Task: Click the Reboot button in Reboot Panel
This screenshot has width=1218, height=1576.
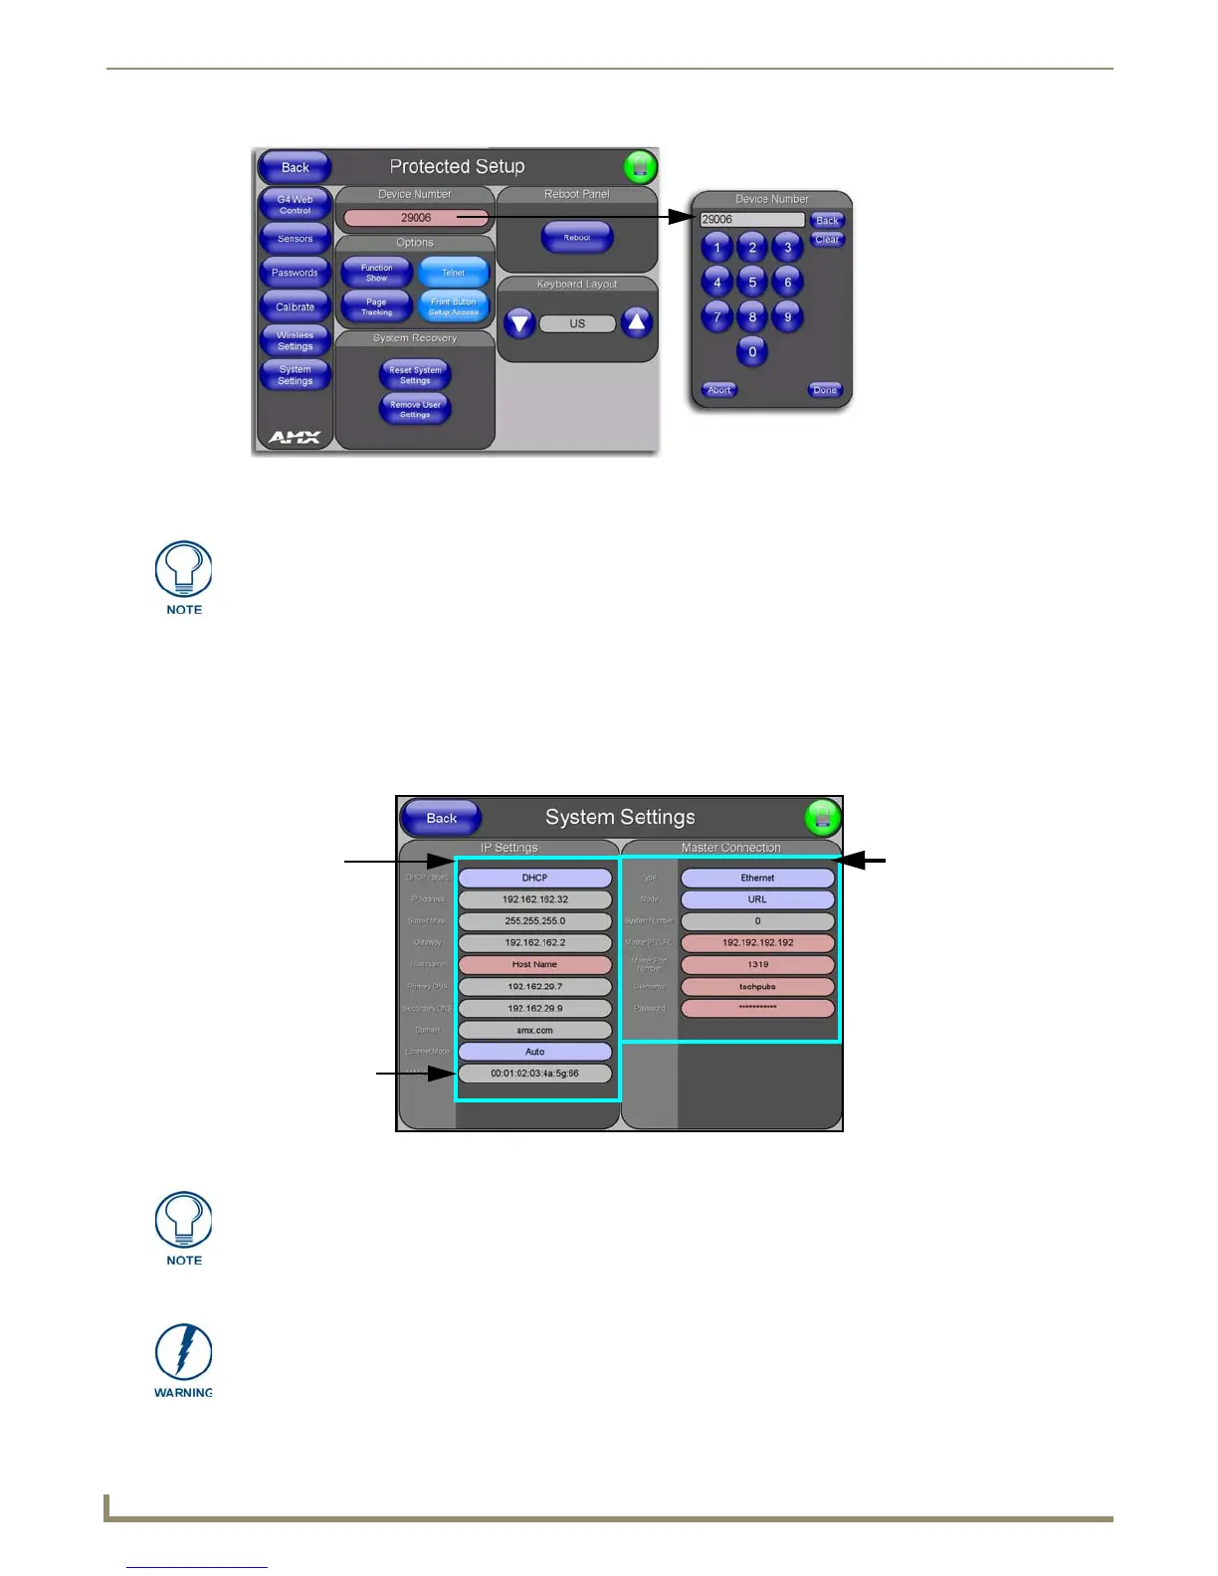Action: click(577, 238)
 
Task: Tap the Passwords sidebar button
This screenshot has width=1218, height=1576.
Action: click(295, 273)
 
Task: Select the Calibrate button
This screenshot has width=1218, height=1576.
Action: click(295, 307)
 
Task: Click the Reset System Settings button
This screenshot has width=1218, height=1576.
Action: click(415, 375)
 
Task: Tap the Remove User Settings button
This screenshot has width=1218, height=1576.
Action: click(415, 409)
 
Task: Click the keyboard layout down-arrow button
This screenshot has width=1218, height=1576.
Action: click(519, 323)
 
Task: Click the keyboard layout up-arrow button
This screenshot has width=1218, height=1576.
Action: click(637, 322)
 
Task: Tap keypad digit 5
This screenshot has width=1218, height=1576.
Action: click(752, 283)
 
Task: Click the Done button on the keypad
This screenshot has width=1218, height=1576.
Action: click(825, 390)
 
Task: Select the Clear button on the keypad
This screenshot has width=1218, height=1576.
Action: click(827, 240)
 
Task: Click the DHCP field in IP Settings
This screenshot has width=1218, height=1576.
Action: click(534, 878)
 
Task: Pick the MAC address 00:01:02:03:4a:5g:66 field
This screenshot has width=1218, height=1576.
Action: click(534, 1074)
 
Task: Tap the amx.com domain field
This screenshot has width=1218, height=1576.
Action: click(534, 1030)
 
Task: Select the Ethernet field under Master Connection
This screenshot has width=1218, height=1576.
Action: click(757, 878)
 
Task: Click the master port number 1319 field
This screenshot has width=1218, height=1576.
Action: click(757, 964)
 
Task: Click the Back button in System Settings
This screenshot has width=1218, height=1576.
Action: click(441, 818)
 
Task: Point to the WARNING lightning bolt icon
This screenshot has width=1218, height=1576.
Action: click(184, 1353)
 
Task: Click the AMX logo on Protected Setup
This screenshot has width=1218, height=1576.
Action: click(295, 437)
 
